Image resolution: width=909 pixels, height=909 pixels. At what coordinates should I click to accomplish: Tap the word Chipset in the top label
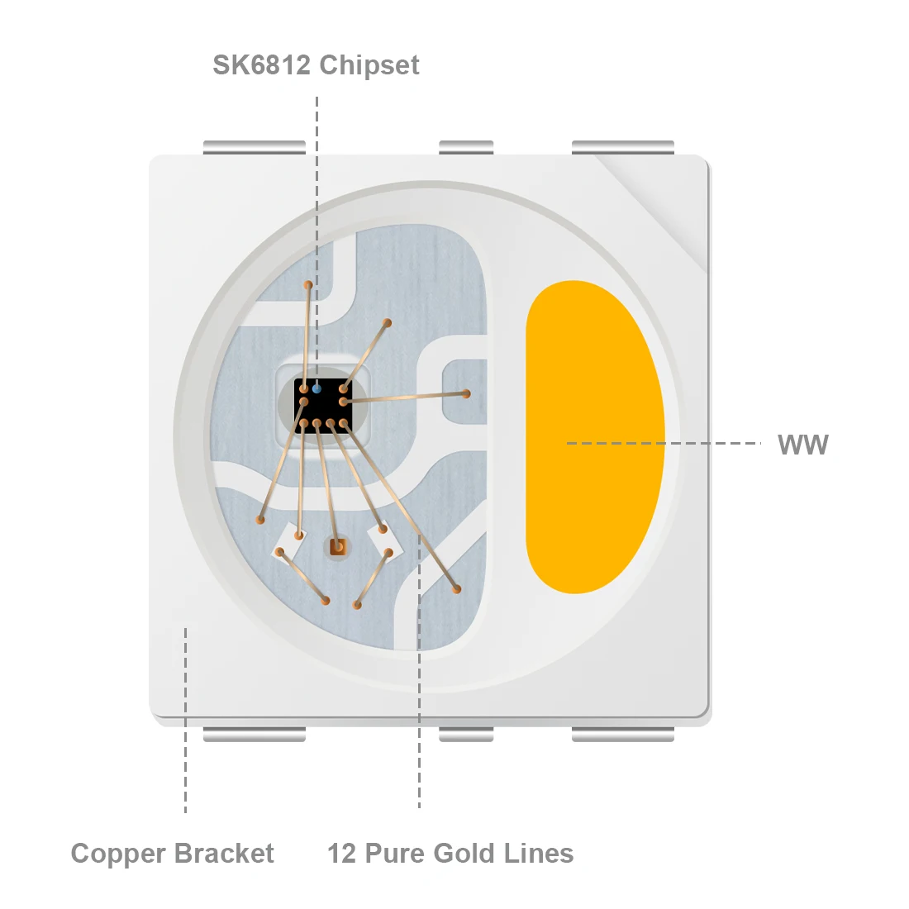pos(369,65)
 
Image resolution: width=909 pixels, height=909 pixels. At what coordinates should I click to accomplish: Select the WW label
pos(802,445)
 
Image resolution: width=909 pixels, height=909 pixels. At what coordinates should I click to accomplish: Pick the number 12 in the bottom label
pos(341,853)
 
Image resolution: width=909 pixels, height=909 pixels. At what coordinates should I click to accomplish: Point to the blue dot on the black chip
pos(316,388)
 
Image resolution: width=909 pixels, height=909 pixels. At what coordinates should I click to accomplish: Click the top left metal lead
pos(254,148)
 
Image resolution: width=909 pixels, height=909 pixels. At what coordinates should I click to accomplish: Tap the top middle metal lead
pos(466,148)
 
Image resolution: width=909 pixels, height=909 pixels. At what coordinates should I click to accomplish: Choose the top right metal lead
pos(623,148)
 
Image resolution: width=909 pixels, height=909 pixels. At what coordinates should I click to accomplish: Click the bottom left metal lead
pos(254,734)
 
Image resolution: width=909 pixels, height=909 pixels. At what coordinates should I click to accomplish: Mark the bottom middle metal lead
pos(466,734)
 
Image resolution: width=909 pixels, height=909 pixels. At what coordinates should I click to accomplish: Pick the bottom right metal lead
pos(623,734)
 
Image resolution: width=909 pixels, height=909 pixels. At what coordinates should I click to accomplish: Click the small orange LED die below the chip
pos(336,546)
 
